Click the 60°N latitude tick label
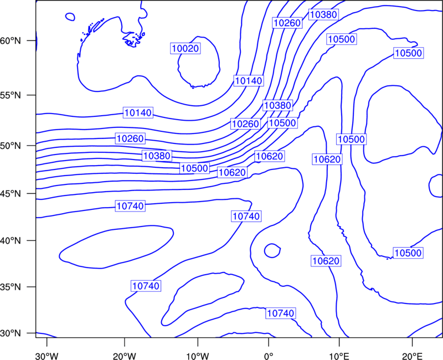point(11,41)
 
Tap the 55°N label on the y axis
point(11,95)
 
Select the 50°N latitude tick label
point(11,146)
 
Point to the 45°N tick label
point(11,194)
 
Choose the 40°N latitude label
point(11,241)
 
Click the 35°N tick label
point(11,287)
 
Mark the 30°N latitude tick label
point(11,333)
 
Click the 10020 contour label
point(186,49)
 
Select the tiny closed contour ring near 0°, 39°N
point(272,244)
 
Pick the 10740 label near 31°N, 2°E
point(281,313)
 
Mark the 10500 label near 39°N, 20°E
point(408,253)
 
